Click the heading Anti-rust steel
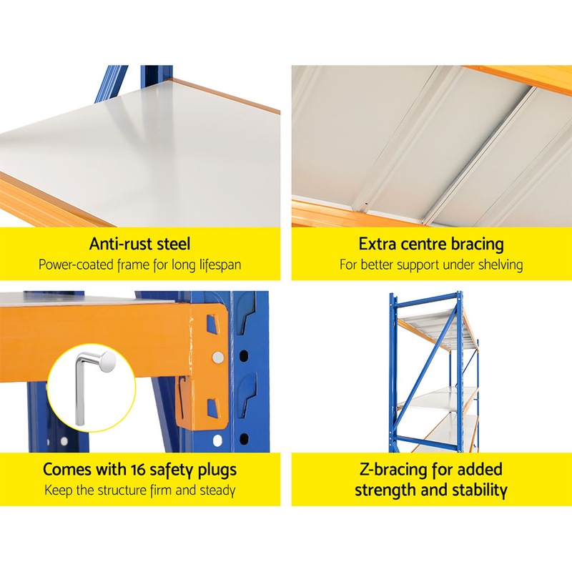pos(139,244)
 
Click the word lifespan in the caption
pos(215,265)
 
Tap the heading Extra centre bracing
pos(431,244)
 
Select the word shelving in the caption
pos(498,265)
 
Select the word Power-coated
pos(75,265)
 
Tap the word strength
pos(386,490)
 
